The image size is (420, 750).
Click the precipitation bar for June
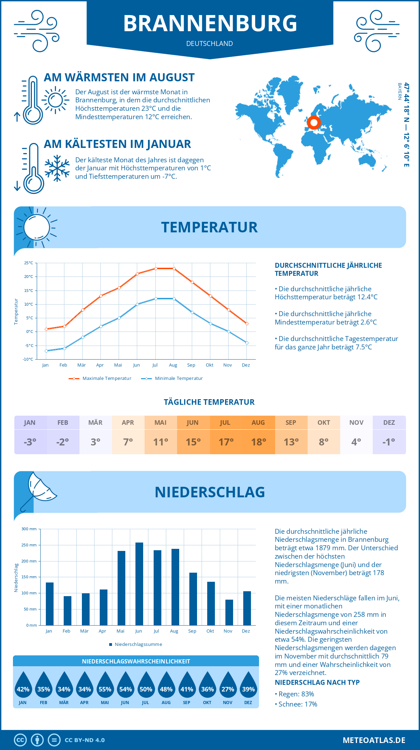(x=139, y=584)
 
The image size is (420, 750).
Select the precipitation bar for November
(x=229, y=612)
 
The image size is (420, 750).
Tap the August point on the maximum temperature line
(x=174, y=268)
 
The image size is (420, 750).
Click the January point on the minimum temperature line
(x=46, y=351)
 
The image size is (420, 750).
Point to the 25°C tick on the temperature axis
(x=29, y=263)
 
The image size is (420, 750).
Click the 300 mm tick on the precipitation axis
(x=29, y=529)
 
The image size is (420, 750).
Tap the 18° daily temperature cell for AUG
(x=259, y=442)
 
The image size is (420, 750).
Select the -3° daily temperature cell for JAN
(x=30, y=442)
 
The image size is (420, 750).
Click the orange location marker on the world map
(x=314, y=123)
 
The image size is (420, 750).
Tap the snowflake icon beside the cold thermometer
(x=57, y=168)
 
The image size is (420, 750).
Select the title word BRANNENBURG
(x=210, y=23)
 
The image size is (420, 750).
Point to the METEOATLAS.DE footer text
(x=374, y=740)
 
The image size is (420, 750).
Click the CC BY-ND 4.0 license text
(x=85, y=740)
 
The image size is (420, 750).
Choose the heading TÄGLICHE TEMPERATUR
(x=209, y=402)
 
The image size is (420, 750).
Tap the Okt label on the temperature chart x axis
(x=209, y=365)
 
